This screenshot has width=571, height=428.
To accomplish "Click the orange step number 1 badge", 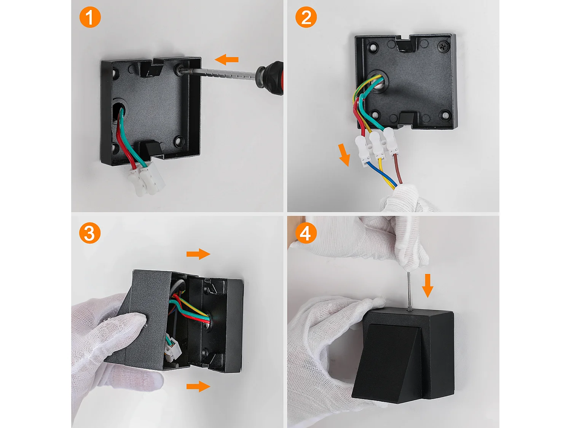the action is click(x=90, y=17).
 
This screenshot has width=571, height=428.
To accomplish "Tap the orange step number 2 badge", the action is click(x=306, y=17).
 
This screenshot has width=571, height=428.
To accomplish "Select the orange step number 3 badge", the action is click(x=90, y=233).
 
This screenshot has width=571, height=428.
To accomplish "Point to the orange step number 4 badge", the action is click(x=306, y=233).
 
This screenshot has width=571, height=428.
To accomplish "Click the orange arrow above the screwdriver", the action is click(x=226, y=59).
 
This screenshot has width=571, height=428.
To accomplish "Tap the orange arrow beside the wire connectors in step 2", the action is click(x=344, y=155).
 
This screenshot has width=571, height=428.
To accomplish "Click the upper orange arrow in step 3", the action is click(x=198, y=254).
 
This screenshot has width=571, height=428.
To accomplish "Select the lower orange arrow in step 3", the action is click(x=198, y=387).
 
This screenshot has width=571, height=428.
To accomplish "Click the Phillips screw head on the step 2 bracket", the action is click(x=444, y=46).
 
